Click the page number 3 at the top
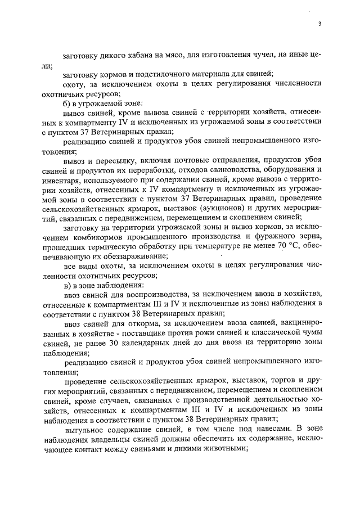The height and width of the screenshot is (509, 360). (x=319, y=24)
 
